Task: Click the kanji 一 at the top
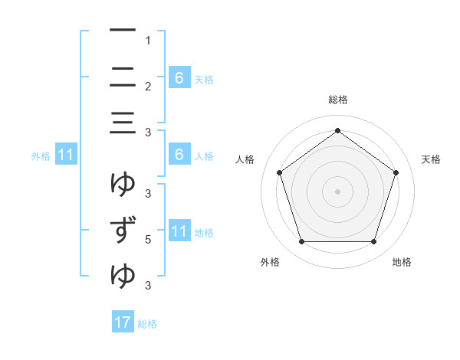click(x=123, y=31)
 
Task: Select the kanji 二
click(x=123, y=77)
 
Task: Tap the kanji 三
click(x=123, y=123)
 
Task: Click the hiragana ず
click(x=123, y=231)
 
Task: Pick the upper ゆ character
click(x=123, y=183)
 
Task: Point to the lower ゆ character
click(x=123, y=276)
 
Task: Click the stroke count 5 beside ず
click(x=148, y=240)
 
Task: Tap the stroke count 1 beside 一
click(x=148, y=41)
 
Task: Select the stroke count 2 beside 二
click(x=148, y=87)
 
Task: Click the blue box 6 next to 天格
click(x=179, y=77)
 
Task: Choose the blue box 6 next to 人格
click(x=179, y=155)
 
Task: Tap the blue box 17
click(x=123, y=322)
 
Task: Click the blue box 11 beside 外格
click(x=66, y=155)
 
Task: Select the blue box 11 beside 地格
click(x=179, y=231)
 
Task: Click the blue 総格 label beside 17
click(x=147, y=324)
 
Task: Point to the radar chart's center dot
click(x=337, y=191)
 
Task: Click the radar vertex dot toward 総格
click(x=337, y=130)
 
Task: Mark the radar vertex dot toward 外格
click(x=301, y=242)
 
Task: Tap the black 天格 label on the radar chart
click(x=432, y=159)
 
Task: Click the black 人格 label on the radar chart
click(x=245, y=159)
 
